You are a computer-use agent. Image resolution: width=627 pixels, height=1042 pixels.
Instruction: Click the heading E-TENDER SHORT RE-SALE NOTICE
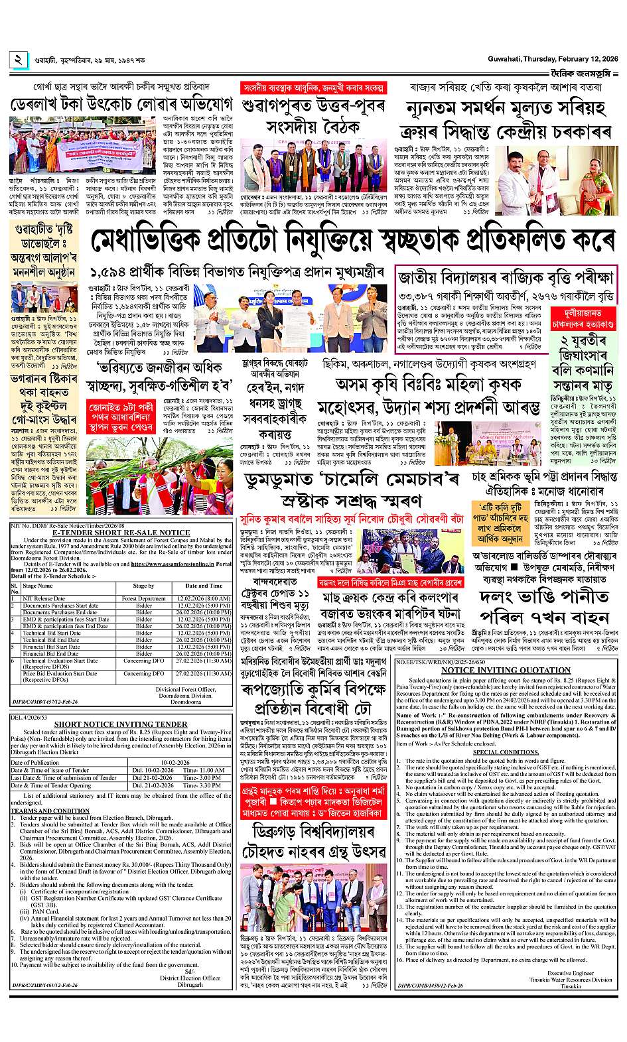(x=121, y=533)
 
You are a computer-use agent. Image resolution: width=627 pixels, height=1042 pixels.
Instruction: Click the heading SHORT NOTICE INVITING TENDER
(x=121, y=724)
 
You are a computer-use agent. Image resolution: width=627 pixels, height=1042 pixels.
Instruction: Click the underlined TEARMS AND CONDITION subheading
(x=50, y=811)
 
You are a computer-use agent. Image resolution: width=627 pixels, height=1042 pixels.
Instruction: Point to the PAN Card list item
(x=44, y=911)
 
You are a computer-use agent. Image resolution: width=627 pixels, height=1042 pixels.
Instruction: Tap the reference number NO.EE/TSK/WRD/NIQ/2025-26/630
(x=439, y=662)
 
